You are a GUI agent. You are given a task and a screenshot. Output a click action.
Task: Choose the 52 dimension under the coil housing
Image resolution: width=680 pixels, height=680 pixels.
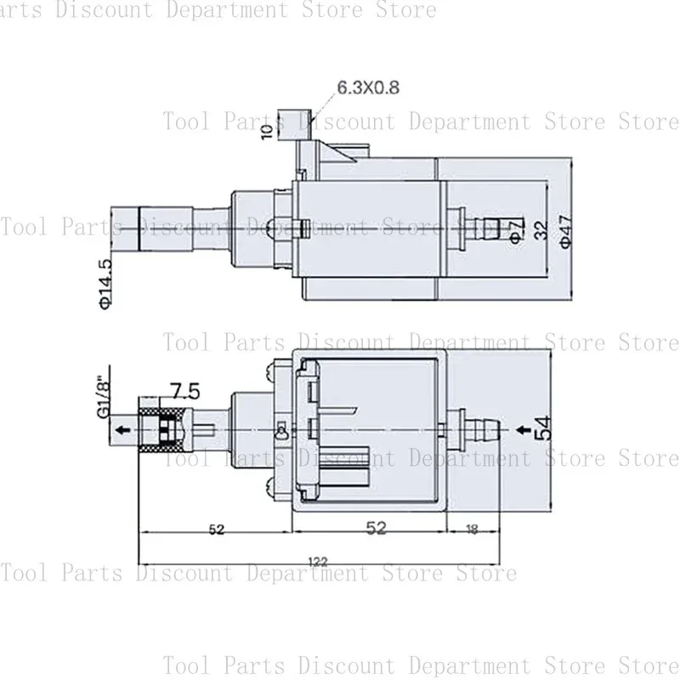376,529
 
